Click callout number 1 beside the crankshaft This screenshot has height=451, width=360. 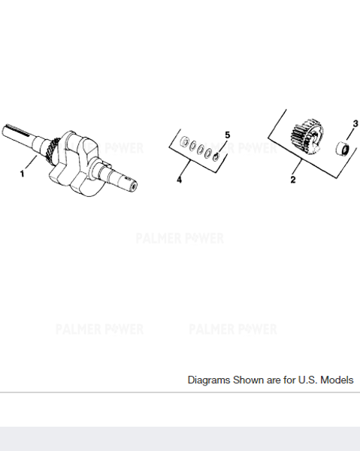(x=23, y=174)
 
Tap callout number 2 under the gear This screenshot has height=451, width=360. (x=293, y=180)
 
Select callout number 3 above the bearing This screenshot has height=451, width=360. (x=355, y=123)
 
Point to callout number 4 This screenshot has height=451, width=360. (x=180, y=180)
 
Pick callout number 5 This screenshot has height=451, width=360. (x=226, y=135)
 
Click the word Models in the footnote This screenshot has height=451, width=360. (x=336, y=380)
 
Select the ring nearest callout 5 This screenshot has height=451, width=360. (x=216, y=156)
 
